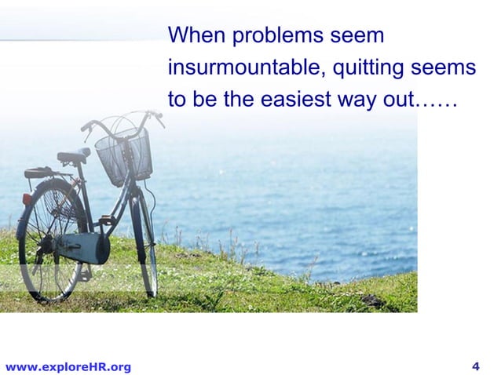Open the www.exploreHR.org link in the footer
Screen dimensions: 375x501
tap(68, 366)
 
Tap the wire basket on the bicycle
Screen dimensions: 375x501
tap(123, 155)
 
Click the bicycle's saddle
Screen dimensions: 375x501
tap(73, 154)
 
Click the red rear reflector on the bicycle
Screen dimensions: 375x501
tap(27, 199)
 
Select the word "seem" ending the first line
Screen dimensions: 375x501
tap(356, 37)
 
